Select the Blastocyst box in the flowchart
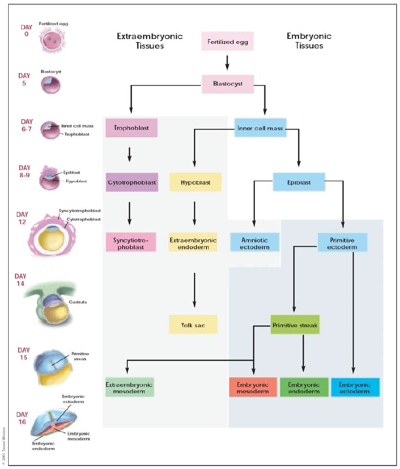[228, 84]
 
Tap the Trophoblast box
[131, 128]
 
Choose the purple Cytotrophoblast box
[131, 183]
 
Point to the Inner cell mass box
[261, 128]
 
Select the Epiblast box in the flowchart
[299, 183]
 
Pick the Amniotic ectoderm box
[254, 242]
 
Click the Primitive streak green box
[295, 325]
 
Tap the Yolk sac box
[193, 325]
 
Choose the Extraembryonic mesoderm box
[130, 387]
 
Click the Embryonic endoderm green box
[303, 387]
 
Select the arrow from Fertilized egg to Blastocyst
[228, 62]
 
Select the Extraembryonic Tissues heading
[150, 41]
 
